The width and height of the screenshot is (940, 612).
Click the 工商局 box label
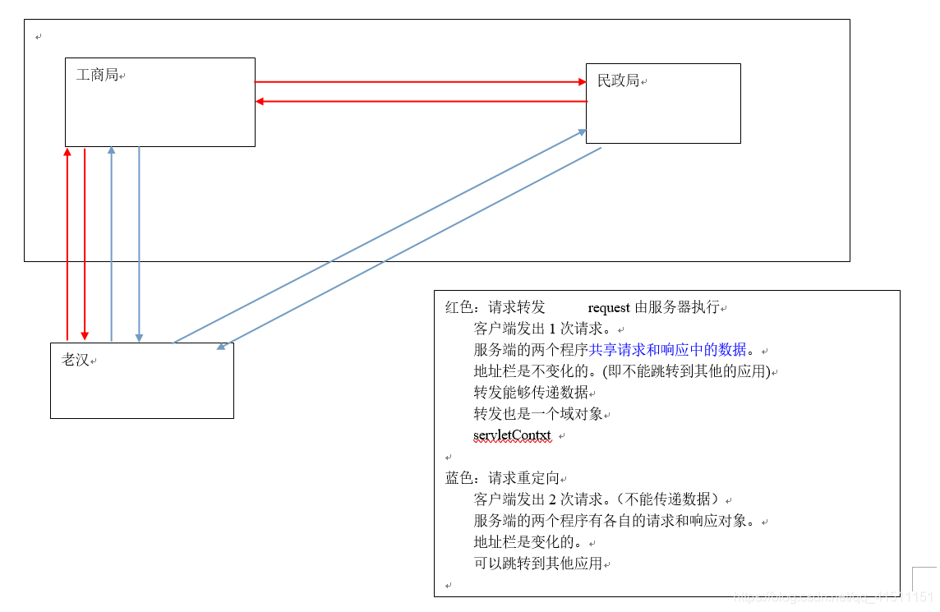click(98, 76)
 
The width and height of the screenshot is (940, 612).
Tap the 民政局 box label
click(619, 81)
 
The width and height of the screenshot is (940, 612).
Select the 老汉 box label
click(76, 360)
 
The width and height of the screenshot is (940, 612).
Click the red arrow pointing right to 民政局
click(419, 82)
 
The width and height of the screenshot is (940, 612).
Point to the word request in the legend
click(609, 308)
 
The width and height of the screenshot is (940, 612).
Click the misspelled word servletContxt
click(512, 435)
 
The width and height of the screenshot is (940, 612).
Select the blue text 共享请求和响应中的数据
click(668, 350)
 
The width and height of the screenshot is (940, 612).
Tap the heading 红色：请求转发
click(495, 308)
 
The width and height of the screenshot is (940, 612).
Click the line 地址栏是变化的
click(530, 542)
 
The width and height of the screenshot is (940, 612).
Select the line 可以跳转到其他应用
click(538, 564)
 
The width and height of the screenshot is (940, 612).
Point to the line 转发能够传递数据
click(531, 393)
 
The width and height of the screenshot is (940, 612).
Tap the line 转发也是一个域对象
click(538, 414)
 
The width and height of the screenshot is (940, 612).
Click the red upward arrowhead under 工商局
click(67, 152)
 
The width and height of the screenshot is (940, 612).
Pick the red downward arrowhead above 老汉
click(85, 335)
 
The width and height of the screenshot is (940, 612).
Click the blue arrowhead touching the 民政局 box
click(581, 132)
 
